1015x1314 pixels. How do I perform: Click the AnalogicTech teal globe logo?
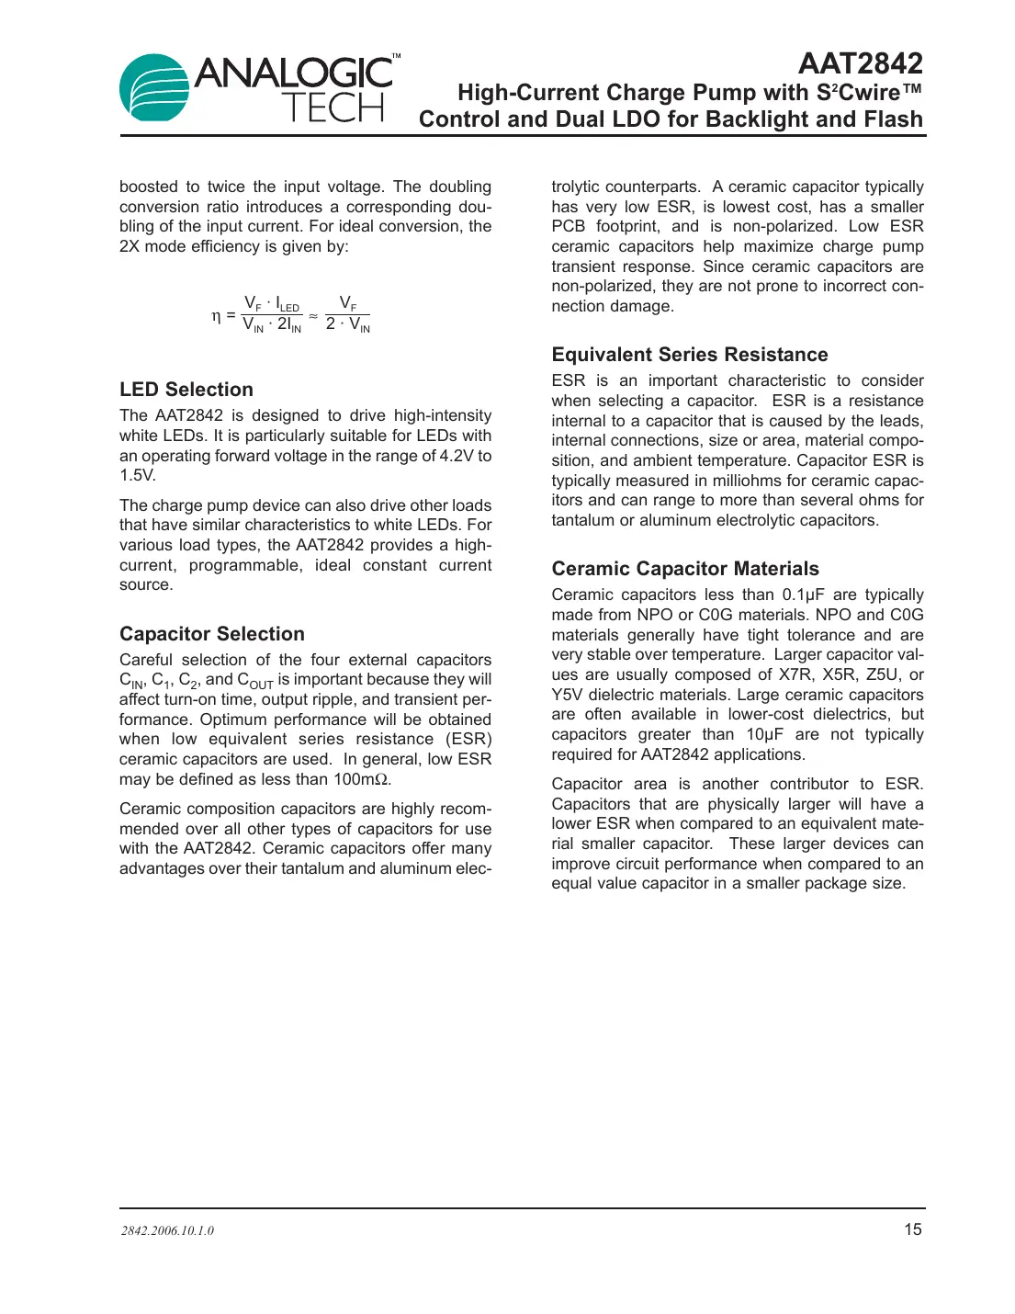tap(154, 88)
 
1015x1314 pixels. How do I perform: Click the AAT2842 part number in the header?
tap(860, 63)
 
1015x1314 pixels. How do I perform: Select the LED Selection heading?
tap(186, 390)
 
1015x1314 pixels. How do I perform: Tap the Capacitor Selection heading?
tap(212, 634)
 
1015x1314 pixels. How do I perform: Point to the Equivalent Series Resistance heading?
tap(690, 355)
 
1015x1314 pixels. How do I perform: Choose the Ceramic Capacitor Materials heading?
tap(685, 569)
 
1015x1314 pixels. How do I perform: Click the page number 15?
tap(912, 1229)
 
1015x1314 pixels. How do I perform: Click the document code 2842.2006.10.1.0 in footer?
tap(167, 1231)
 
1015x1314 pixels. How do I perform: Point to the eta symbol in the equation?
tap(216, 315)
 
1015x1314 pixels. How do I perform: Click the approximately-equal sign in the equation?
tap(313, 315)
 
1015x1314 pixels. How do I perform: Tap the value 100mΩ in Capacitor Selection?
tap(362, 779)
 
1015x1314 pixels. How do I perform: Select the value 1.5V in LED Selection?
tap(138, 475)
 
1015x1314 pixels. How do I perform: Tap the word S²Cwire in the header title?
tap(856, 93)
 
